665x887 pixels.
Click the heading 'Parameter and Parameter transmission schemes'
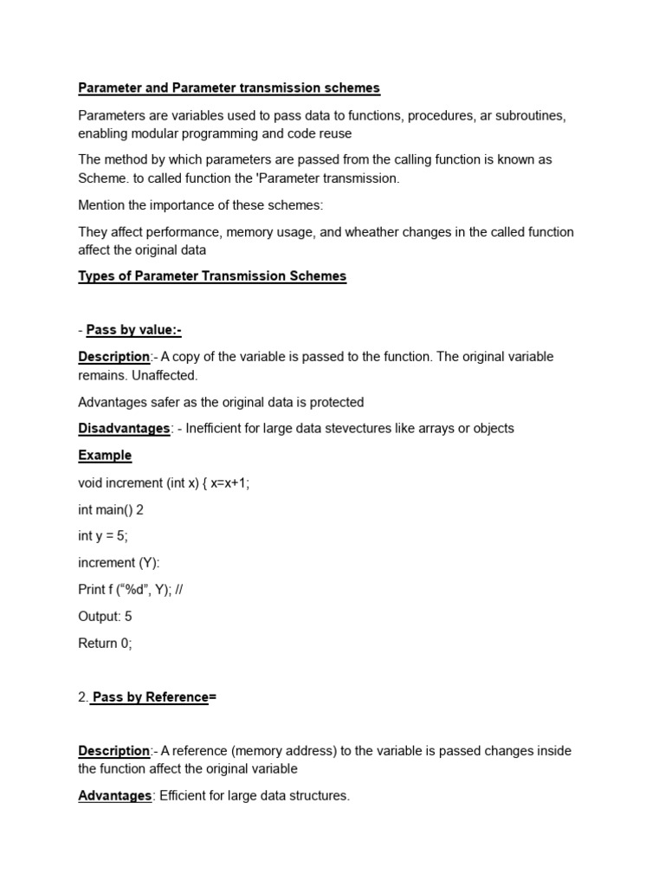(229, 88)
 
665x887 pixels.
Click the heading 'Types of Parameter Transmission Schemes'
(212, 276)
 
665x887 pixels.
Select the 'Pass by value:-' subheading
(133, 330)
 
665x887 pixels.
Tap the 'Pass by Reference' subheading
(150, 697)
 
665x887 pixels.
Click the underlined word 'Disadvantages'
(124, 428)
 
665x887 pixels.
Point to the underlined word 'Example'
(105, 455)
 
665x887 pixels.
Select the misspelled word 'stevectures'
(376, 428)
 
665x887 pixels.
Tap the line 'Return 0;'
(105, 644)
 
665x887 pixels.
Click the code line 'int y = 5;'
(103, 536)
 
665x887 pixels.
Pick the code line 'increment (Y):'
(119, 563)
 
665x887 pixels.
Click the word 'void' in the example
(91, 482)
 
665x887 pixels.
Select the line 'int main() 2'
(111, 509)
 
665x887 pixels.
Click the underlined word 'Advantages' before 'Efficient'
(114, 795)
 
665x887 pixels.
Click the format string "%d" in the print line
(134, 590)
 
